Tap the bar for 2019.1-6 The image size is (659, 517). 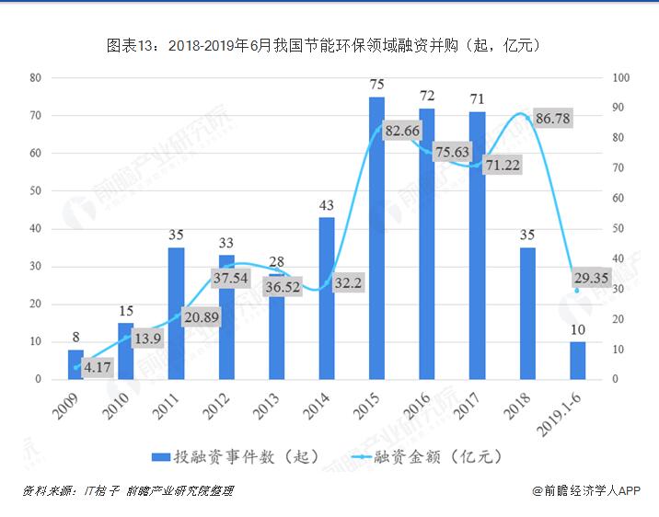tap(577, 360)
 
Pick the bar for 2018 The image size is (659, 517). tap(527, 313)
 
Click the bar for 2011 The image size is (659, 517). tap(176, 313)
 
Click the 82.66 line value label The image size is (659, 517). tap(402, 132)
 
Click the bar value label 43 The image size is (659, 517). tap(326, 204)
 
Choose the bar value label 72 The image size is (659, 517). tap(427, 96)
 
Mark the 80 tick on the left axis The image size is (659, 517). tap(35, 78)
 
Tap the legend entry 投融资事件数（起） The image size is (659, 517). tap(235, 456)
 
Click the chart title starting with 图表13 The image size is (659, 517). tap(329, 43)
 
